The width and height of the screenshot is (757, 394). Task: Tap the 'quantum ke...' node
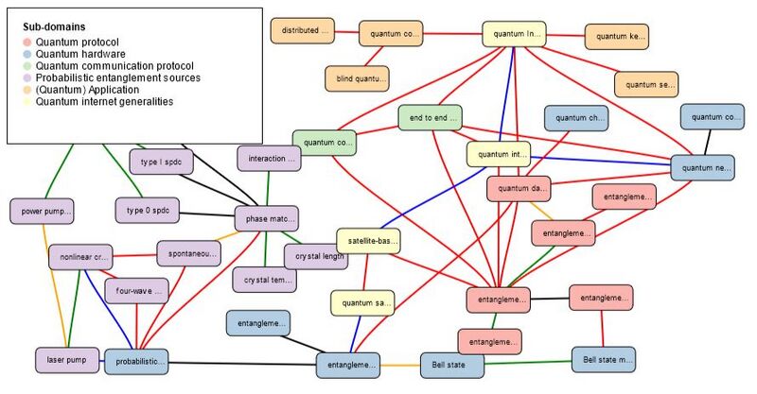[x=616, y=37]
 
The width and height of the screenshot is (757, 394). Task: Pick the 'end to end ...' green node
[x=430, y=118]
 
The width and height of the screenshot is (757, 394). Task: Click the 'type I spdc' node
[x=161, y=163]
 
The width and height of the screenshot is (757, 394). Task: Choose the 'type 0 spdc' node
[x=147, y=208]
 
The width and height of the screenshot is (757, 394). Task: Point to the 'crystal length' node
[x=315, y=256]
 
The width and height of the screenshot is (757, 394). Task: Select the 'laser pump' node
[x=66, y=359]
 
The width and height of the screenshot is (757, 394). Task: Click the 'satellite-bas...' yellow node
[x=368, y=242]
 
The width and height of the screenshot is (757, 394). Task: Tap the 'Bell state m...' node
[x=603, y=360]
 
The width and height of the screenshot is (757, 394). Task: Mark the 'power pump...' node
[x=41, y=210]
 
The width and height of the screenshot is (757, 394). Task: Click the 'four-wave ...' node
[x=135, y=291]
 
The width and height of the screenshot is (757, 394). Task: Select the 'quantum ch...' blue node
[x=575, y=119]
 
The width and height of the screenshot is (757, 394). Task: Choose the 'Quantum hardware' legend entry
[x=76, y=54]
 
